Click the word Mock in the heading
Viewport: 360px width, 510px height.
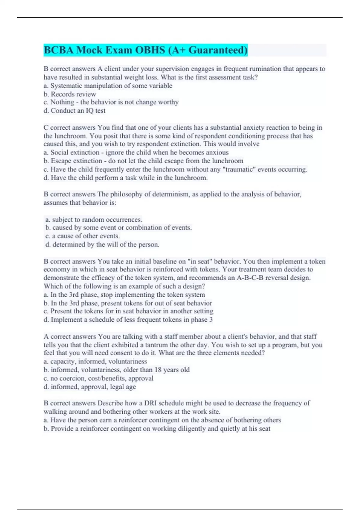[89, 50]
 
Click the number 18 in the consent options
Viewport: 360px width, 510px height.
[158, 370]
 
